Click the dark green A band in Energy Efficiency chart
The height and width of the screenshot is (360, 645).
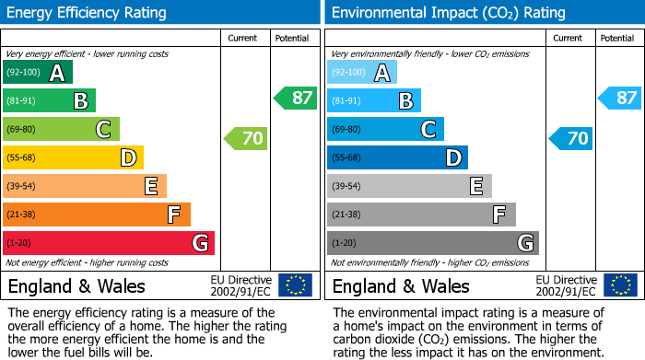[x=38, y=73]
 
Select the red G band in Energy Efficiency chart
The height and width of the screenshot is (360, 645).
[x=109, y=243]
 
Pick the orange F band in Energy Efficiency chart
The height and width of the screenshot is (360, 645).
[x=97, y=215]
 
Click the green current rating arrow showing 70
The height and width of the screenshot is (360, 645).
[x=246, y=139]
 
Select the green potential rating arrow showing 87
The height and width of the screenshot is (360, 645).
[x=296, y=98]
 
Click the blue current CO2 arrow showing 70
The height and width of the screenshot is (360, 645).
[x=570, y=139]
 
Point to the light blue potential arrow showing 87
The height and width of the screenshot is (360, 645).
[x=620, y=98]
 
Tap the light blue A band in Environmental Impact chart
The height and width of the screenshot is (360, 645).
[x=362, y=73]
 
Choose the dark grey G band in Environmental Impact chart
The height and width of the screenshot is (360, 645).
[x=433, y=243]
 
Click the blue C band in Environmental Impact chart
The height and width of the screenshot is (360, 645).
[x=385, y=130]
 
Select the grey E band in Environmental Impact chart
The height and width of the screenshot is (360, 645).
[x=409, y=187]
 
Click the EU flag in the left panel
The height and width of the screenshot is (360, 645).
[x=295, y=285]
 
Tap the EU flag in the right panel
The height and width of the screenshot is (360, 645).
[x=619, y=285]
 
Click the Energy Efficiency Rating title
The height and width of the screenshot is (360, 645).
[x=88, y=13]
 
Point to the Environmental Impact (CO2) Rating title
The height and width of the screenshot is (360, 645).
[x=448, y=13]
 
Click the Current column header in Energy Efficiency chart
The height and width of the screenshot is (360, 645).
[x=242, y=38]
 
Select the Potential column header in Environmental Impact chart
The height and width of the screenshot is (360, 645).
[x=616, y=38]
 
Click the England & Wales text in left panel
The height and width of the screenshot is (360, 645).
[x=73, y=285]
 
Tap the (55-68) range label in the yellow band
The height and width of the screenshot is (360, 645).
[x=22, y=158]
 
